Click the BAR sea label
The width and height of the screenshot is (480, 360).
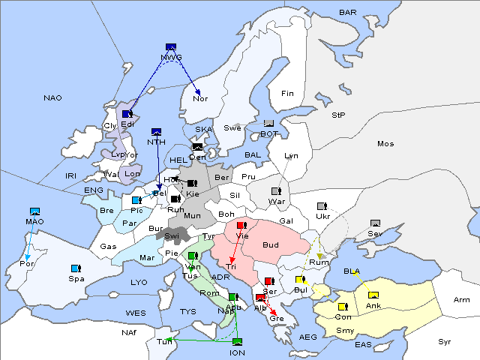click(x=347, y=12)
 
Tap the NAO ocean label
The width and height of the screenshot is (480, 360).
click(x=52, y=98)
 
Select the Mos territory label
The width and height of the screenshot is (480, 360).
click(x=385, y=143)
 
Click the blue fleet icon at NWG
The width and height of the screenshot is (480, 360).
click(x=171, y=47)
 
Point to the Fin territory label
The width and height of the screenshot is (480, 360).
click(x=286, y=93)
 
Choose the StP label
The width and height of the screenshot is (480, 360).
click(x=338, y=115)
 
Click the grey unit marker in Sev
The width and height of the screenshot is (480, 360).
click(x=375, y=223)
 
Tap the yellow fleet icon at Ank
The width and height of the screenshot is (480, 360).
click(x=373, y=295)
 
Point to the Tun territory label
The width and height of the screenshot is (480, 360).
click(x=163, y=341)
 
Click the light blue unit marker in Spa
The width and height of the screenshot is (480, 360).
click(x=76, y=268)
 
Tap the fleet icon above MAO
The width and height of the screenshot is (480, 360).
click(x=34, y=211)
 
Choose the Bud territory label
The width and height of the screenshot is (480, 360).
click(x=271, y=244)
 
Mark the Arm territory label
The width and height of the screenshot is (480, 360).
click(x=462, y=300)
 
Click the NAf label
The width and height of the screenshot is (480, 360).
click(x=130, y=331)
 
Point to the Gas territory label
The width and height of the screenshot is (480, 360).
click(x=109, y=246)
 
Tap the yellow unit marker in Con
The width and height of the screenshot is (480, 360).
click(x=343, y=307)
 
